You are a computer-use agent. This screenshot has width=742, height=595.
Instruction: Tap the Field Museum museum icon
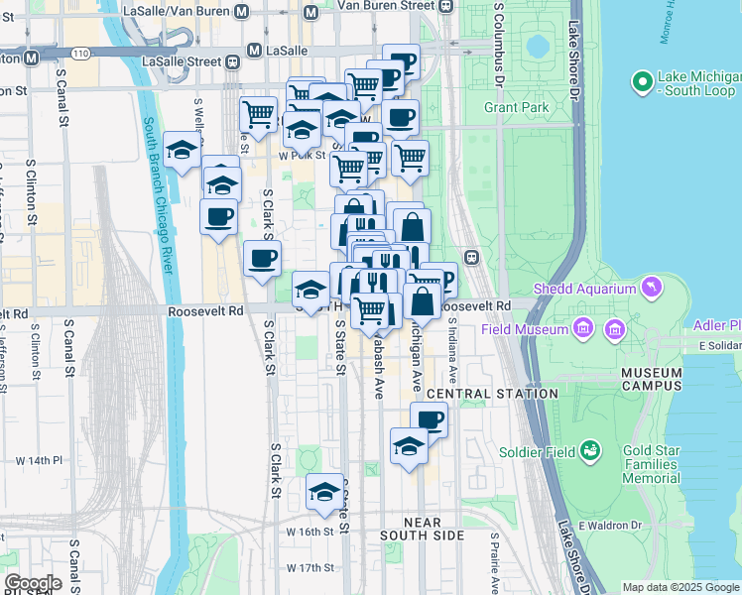pos(582,328)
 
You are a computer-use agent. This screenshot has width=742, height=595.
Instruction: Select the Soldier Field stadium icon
pos(591,452)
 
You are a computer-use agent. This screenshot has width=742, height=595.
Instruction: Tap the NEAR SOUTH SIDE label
pos(423,535)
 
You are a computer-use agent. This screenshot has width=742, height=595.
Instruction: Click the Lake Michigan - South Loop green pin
pos(642,78)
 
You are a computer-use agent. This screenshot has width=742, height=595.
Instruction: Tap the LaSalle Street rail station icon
pos(233,61)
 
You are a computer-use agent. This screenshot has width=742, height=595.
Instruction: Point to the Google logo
pos(33,582)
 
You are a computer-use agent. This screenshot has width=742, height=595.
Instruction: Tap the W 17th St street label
pos(309,568)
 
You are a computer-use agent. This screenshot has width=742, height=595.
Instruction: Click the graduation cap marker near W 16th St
pos(324,493)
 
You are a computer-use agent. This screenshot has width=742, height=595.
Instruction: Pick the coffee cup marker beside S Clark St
pos(262,260)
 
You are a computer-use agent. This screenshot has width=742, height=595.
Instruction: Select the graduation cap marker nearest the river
pos(182,150)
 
